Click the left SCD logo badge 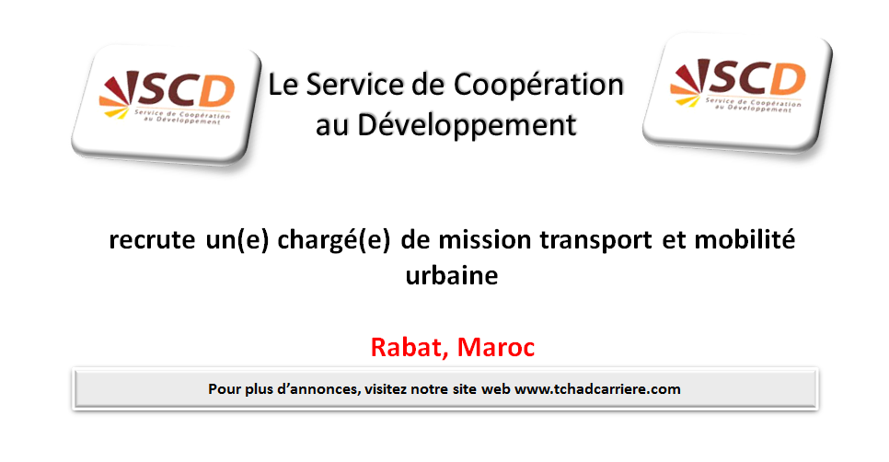167,106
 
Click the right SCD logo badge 738,94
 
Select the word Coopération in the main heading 539,86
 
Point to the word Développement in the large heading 467,125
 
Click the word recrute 152,240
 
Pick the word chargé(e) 334,240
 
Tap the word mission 485,239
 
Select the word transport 595,240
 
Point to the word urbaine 452,275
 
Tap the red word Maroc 495,347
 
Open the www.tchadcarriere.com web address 597,389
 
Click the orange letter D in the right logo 789,79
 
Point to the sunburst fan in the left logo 120,94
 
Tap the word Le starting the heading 283,86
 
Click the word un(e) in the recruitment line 237,240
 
